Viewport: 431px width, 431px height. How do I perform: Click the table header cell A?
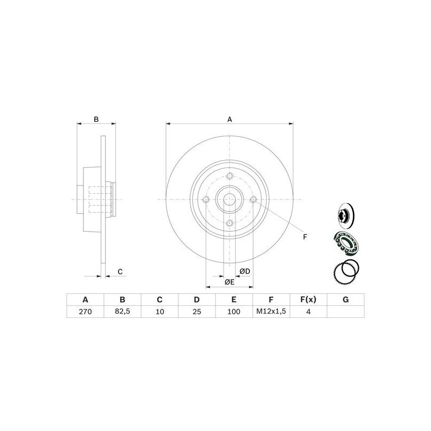tap(85, 300)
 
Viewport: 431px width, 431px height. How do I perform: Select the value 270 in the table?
tap(85, 311)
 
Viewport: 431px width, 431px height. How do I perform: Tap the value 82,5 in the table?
tap(122, 311)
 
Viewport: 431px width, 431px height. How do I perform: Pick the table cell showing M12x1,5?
tap(271, 311)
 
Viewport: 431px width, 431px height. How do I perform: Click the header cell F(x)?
tap(308, 300)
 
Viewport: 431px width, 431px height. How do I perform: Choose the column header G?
tap(345, 300)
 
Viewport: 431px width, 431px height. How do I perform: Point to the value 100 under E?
tap(234, 311)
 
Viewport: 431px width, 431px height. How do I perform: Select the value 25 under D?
tap(197, 311)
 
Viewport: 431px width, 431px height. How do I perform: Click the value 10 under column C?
tap(159, 311)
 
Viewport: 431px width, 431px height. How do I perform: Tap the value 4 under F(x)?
tap(308, 311)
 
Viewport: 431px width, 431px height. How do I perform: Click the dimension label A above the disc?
tap(230, 119)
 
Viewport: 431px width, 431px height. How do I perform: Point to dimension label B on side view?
tap(96, 120)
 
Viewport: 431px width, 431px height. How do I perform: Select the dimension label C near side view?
tap(120, 272)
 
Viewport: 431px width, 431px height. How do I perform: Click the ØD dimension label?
tap(245, 271)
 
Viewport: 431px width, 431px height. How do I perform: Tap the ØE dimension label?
tap(230, 282)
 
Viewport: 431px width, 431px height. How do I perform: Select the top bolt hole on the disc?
tap(230, 176)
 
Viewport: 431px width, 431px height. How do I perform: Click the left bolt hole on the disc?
tap(205, 200)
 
